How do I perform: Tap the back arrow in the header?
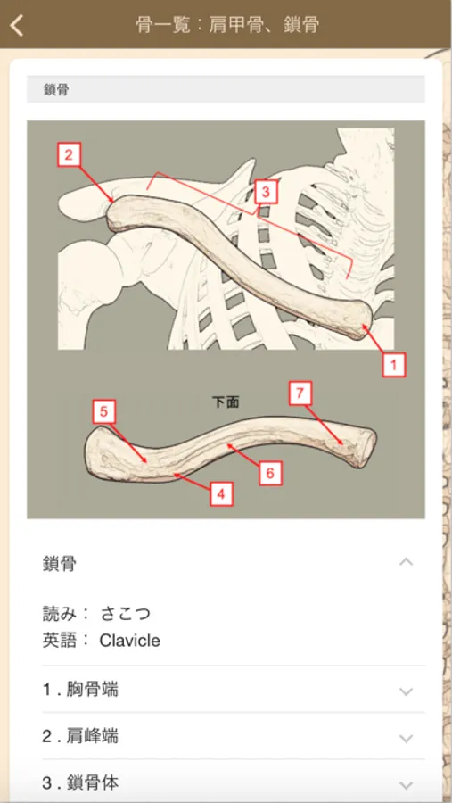(x=17, y=25)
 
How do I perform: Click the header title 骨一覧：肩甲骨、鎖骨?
(x=228, y=25)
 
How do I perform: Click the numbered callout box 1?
(x=394, y=365)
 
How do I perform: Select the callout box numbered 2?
(x=70, y=154)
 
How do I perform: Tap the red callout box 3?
(x=265, y=192)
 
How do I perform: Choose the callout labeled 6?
(x=270, y=473)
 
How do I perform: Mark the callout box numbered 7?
(x=300, y=393)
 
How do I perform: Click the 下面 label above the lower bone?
(x=226, y=402)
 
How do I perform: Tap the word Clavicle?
(x=129, y=640)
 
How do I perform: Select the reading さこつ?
(x=126, y=613)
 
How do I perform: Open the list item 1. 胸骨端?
(x=80, y=690)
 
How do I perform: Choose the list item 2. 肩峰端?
(x=80, y=736)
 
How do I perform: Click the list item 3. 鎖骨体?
(x=80, y=782)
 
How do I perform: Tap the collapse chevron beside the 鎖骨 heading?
(x=406, y=562)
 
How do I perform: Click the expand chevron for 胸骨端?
(x=406, y=691)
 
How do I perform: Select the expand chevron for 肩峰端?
(x=406, y=738)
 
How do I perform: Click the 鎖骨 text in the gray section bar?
(x=57, y=90)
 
